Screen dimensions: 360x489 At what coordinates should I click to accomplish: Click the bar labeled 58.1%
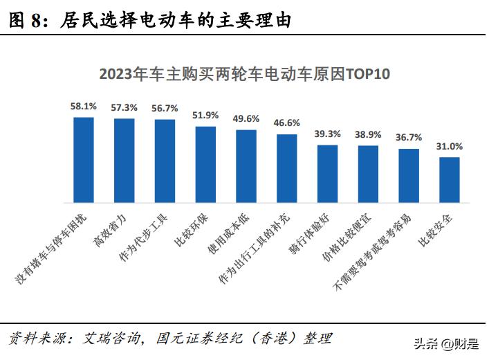[x=84, y=160]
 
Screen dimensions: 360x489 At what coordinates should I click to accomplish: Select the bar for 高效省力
[x=124, y=161]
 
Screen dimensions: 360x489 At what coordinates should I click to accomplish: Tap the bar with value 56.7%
[x=165, y=161]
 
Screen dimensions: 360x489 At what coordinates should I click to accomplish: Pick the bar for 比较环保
[x=205, y=165]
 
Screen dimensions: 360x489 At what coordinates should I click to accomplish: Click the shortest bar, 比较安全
[x=450, y=180]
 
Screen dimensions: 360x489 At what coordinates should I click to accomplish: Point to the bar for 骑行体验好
[x=327, y=174]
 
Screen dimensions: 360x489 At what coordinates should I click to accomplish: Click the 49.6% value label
[x=246, y=118]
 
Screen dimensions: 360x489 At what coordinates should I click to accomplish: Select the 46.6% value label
[x=287, y=123]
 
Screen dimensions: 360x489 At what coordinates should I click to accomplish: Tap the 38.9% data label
[x=368, y=134]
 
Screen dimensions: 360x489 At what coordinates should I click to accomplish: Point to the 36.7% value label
[x=409, y=137]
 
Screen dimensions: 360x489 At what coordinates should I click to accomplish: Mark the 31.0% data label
[x=450, y=146]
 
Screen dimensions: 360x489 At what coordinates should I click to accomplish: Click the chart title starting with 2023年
[x=244, y=73]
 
